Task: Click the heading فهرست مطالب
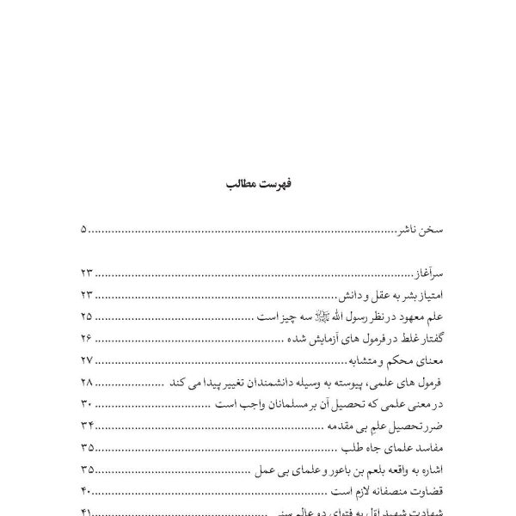[x=258, y=185]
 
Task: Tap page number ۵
[x=83, y=230]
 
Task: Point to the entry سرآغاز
[x=421, y=273]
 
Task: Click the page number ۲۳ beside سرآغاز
[x=86, y=273]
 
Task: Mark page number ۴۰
[x=86, y=491]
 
